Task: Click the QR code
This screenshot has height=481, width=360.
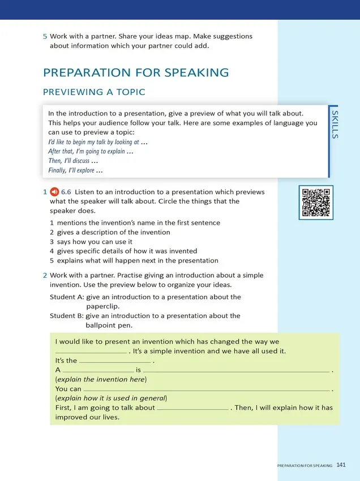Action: click(316, 202)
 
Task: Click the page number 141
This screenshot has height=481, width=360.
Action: click(341, 465)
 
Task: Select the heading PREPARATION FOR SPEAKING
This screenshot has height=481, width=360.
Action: click(136, 72)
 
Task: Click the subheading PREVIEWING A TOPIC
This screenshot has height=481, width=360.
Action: click(94, 92)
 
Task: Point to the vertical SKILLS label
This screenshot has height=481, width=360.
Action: click(335, 125)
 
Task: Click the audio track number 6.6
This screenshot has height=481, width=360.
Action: click(66, 192)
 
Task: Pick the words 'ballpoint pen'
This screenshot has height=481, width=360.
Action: click(109, 325)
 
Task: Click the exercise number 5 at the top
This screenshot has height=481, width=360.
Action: click(45, 36)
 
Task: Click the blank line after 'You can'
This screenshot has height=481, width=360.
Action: click(207, 389)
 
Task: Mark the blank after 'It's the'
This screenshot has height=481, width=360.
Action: click(115, 360)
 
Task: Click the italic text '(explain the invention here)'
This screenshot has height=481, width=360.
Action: click(101, 379)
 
